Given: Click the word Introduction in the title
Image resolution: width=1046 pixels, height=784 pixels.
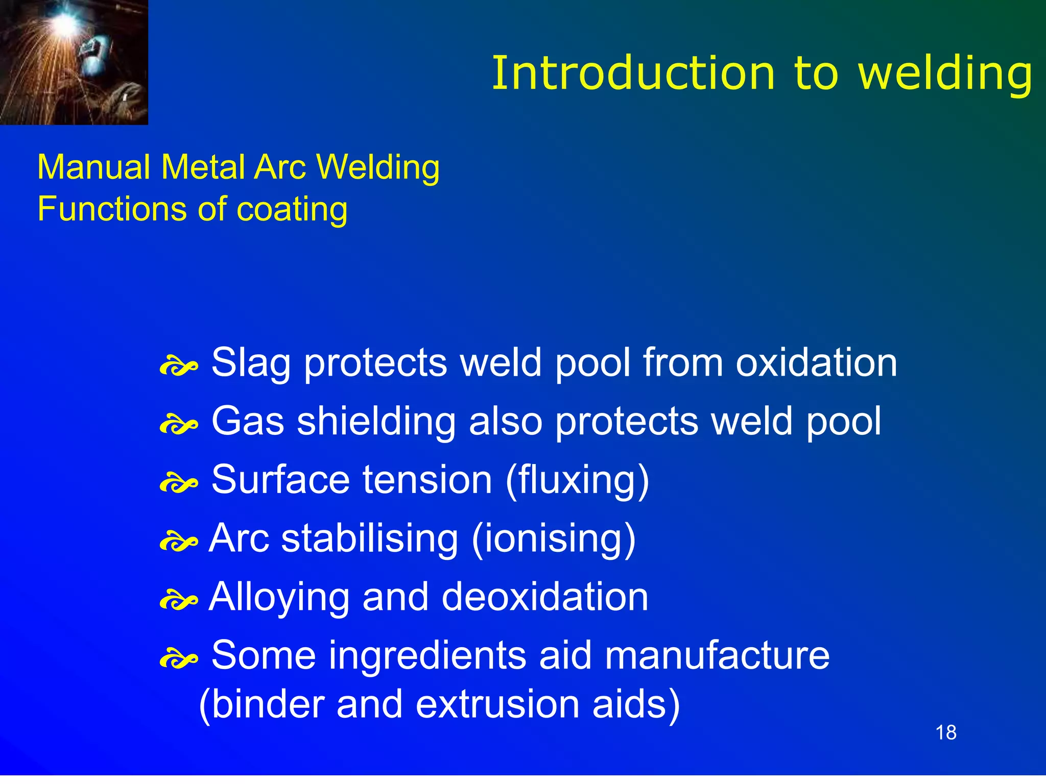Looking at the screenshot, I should coord(633,74).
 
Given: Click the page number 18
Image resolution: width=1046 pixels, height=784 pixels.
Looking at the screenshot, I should coord(945,732).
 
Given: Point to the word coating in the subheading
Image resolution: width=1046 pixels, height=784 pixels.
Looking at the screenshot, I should coord(292,210).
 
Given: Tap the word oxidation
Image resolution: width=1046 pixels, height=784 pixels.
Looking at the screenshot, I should coord(816,362).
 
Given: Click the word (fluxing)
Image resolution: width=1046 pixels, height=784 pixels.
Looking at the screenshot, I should coord(577,480).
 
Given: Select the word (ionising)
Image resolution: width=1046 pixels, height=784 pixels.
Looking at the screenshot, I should coord(554,539).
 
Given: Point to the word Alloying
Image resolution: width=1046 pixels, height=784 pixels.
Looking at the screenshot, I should coord(279,598).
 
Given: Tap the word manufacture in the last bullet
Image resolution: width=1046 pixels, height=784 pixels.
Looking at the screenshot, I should coord(717,655).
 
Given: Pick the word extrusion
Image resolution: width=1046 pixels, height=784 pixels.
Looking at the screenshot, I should coord(497,704).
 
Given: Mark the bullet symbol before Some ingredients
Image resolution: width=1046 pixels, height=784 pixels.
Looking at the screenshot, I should coord(178,659).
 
